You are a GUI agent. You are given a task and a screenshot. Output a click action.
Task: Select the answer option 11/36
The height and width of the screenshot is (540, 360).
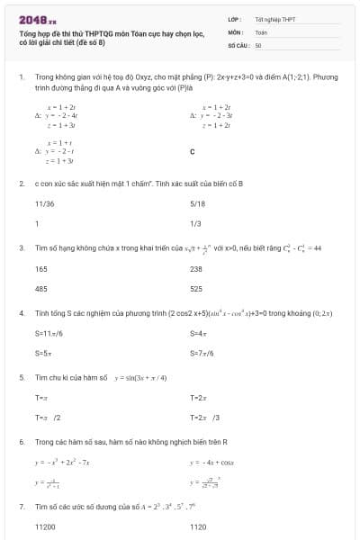pyautogui.click(x=44, y=204)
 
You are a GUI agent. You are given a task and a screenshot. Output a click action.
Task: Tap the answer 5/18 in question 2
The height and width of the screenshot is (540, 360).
pyautogui.click(x=197, y=204)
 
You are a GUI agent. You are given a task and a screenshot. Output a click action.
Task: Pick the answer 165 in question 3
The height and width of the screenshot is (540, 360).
pyautogui.click(x=41, y=269)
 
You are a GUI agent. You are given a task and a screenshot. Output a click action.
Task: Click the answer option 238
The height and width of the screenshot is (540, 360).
pyautogui.click(x=196, y=269)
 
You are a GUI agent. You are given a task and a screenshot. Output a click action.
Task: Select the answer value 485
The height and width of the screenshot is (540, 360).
pyautogui.click(x=41, y=289)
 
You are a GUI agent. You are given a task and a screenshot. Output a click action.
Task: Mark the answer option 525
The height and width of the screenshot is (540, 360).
pyautogui.click(x=196, y=289)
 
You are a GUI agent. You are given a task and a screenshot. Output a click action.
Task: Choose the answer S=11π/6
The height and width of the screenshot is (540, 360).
pyautogui.click(x=49, y=334)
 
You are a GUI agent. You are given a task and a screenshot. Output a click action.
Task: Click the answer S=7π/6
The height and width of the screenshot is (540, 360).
pyautogui.click(x=202, y=354)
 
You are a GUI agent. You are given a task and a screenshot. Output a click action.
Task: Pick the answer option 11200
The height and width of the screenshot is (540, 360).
pyautogui.click(x=45, y=527)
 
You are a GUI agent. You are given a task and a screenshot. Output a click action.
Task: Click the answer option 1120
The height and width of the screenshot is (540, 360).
pyautogui.click(x=198, y=527)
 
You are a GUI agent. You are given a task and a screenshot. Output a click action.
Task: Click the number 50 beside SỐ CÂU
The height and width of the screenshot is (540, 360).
pyautogui.click(x=258, y=44)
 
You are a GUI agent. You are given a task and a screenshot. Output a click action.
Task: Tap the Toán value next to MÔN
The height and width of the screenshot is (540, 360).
pyautogui.click(x=261, y=31)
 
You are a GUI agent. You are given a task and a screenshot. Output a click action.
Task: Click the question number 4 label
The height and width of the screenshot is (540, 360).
pyautogui.click(x=21, y=313)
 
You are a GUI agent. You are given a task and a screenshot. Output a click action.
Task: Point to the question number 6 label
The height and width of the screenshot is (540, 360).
pyautogui.click(x=21, y=442)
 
